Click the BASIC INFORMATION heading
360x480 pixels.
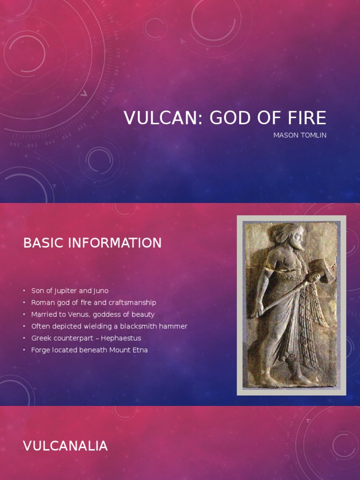tap(92, 243)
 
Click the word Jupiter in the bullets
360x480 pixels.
tap(59, 291)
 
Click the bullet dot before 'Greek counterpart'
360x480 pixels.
tap(24, 338)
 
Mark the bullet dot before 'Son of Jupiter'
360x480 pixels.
tap(24, 291)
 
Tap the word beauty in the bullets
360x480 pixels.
tap(143, 315)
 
